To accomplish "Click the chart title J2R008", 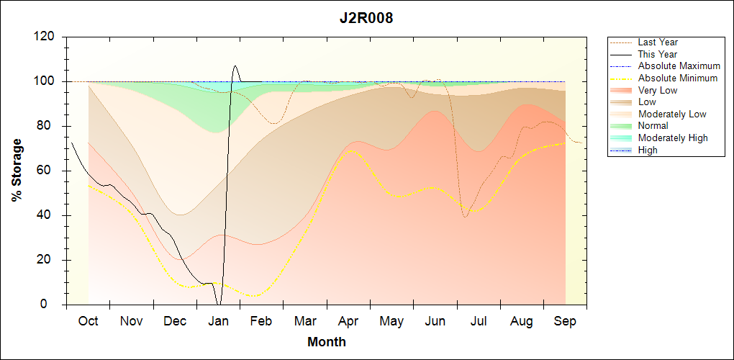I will pyautogui.click(x=366, y=19).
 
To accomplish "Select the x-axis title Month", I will pyautogui.click(x=327, y=342).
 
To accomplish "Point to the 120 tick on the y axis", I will pyautogui.click(x=46, y=37).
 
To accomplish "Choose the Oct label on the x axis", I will pyautogui.click(x=88, y=321).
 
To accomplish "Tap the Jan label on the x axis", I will pyautogui.click(x=218, y=321).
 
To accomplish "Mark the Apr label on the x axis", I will pyautogui.click(x=348, y=321).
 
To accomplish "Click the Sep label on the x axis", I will pyautogui.click(x=565, y=321).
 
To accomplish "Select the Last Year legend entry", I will pyautogui.click(x=658, y=42).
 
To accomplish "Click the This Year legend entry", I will pyautogui.click(x=658, y=54).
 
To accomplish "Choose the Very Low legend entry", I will pyautogui.click(x=658, y=90).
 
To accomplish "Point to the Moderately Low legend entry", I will pyautogui.click(x=672, y=114).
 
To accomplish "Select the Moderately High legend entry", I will pyautogui.click(x=673, y=138).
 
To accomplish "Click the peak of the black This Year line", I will pyautogui.click(x=235, y=66).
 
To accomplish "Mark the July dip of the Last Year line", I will pyautogui.click(x=465, y=217).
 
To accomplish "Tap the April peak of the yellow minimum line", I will pyautogui.click(x=350, y=150).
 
